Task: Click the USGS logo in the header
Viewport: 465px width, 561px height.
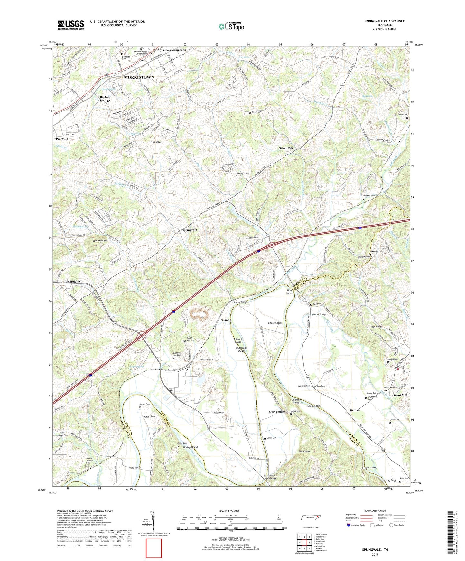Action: click(x=70, y=25)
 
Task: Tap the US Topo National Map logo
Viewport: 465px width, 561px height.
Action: click(x=231, y=26)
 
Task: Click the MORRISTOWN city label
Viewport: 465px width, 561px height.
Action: click(x=139, y=77)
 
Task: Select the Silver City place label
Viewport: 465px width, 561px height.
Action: click(x=286, y=148)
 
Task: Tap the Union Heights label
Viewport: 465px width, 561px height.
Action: click(x=70, y=282)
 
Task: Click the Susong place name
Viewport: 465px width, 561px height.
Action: click(x=226, y=320)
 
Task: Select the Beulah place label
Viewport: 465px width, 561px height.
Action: click(x=355, y=410)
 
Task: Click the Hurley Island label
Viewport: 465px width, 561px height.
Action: click(x=190, y=447)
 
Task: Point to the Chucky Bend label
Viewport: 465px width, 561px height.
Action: click(x=275, y=323)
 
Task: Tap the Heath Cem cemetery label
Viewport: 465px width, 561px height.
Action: click(x=256, y=112)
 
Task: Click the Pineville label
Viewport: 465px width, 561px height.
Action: click(x=62, y=139)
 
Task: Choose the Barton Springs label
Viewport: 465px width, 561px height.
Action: click(x=105, y=98)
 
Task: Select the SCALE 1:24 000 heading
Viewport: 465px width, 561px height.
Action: click(x=229, y=511)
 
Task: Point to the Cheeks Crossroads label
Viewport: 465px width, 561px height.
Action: click(x=172, y=50)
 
